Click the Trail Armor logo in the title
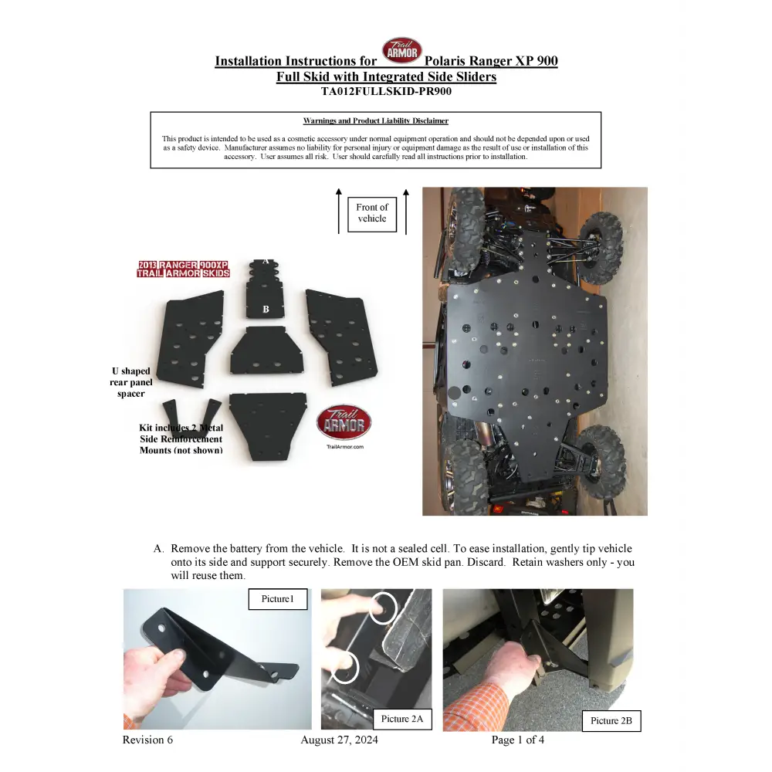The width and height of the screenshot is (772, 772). tap(402, 51)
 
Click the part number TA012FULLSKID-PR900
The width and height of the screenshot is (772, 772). tap(386, 91)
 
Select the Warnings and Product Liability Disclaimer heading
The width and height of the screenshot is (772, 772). tap(375, 120)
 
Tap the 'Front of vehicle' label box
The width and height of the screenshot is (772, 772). tap(372, 213)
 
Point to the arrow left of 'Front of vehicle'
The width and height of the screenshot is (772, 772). tap(338, 210)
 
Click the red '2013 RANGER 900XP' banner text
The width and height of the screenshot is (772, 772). tap(183, 265)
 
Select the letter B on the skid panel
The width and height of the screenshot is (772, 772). tap(266, 309)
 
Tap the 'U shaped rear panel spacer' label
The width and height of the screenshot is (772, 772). tap(130, 382)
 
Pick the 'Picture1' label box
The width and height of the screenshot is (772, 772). tap(277, 599)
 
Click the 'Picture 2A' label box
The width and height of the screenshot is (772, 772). tap(402, 719)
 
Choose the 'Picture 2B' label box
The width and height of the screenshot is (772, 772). tap(611, 720)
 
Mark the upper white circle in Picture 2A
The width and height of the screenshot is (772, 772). tap(382, 608)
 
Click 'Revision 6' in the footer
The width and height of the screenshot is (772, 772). tap(147, 740)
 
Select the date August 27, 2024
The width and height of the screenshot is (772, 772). tap(339, 740)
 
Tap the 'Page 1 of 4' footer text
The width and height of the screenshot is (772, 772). tap(517, 740)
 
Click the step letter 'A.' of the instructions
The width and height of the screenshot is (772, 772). tap(158, 549)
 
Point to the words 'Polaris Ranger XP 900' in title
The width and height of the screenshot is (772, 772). tap(491, 61)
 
